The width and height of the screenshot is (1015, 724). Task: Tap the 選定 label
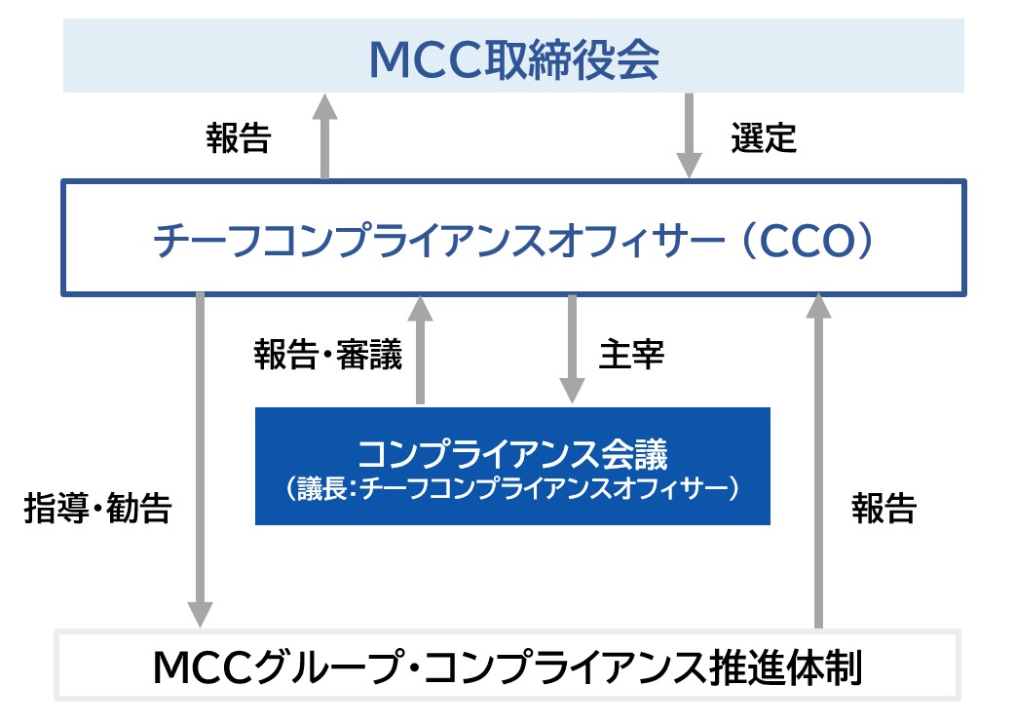[764, 138]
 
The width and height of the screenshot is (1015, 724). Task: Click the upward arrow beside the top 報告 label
[325, 136]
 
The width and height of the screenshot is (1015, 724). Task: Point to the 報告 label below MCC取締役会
[238, 138]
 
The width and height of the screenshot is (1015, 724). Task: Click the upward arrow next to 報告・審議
[420, 351]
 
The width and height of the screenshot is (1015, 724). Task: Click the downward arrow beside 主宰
[572, 349]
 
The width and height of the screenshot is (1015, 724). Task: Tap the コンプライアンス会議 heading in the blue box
[512, 455]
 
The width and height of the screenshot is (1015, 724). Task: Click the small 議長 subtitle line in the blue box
[512, 488]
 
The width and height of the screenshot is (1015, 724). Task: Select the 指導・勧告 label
[97, 509]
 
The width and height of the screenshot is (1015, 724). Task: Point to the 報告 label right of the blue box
[883, 509]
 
